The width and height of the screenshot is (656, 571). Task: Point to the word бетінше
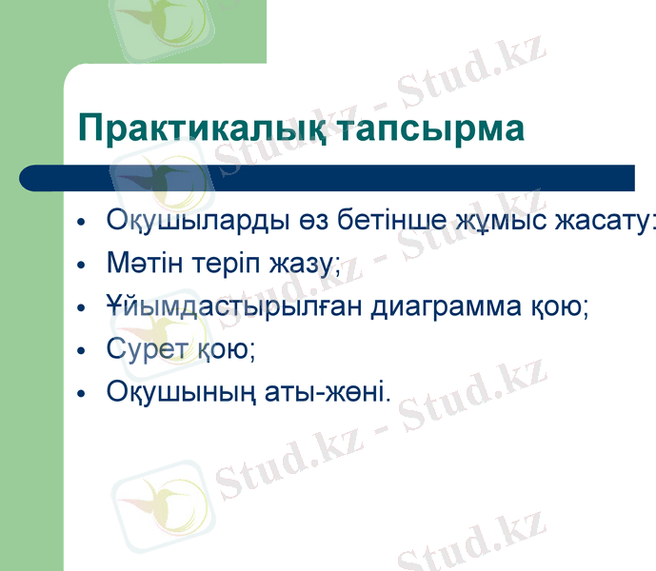[x=363, y=222]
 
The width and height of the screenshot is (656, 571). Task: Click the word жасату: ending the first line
[x=597, y=222]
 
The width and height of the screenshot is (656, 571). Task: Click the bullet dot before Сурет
[x=83, y=351]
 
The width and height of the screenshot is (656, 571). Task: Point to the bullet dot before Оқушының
[x=83, y=393]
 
